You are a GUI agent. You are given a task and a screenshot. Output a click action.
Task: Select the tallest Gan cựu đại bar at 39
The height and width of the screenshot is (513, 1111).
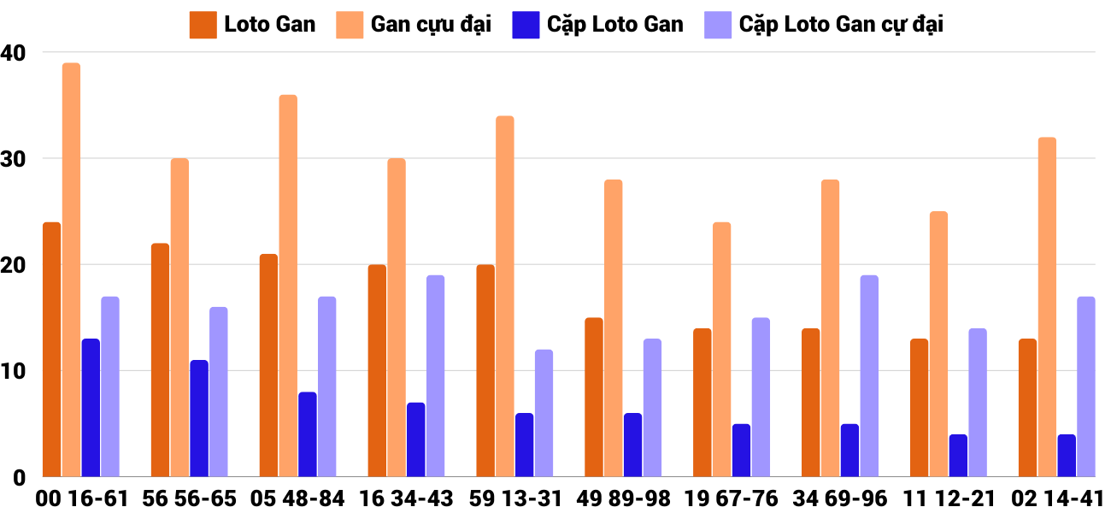click(71, 269)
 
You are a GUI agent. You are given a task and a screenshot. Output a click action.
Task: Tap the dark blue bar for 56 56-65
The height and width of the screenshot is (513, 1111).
click(199, 418)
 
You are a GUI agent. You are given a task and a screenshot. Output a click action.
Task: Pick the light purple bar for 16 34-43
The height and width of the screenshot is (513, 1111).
click(436, 375)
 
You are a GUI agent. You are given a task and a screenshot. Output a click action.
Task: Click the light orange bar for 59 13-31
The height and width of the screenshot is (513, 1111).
click(505, 296)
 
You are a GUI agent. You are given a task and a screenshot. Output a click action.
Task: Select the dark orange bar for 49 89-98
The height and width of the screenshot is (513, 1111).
click(594, 397)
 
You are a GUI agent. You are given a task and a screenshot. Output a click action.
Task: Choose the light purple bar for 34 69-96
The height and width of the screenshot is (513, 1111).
click(869, 375)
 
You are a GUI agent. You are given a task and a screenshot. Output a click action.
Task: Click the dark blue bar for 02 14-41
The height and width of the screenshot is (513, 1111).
click(1067, 455)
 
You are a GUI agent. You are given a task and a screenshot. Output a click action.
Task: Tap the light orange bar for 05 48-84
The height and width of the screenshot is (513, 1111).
click(288, 286)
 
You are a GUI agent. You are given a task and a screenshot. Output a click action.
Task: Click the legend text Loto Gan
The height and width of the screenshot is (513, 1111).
click(269, 24)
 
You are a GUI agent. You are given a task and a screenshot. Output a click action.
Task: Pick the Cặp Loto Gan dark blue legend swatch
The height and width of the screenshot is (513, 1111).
click(523, 24)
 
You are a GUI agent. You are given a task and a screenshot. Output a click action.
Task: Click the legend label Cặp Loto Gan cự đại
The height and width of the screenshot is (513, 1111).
click(841, 24)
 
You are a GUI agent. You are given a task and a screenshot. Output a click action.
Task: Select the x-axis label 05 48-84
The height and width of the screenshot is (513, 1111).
click(297, 498)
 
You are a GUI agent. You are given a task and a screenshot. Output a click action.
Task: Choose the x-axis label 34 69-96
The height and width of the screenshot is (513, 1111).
click(840, 498)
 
